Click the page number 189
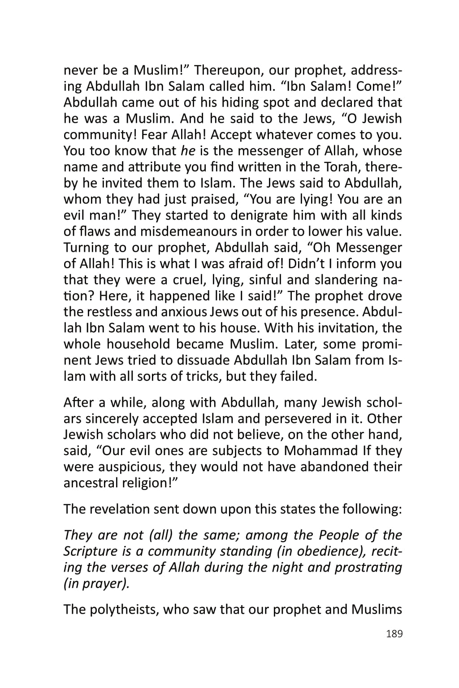point(394,634)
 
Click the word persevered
point(301,419)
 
